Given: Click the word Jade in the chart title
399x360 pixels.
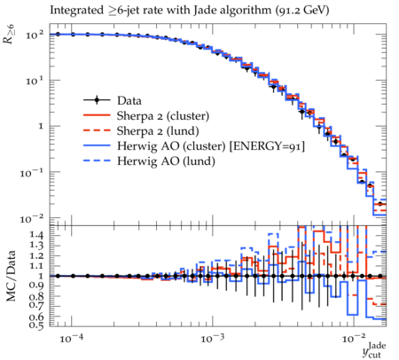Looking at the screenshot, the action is click(203, 11).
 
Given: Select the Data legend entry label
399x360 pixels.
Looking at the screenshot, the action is click(129, 101).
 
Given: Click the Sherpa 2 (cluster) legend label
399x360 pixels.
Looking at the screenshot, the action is click(163, 116).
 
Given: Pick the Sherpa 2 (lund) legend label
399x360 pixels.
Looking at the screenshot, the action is click(158, 131).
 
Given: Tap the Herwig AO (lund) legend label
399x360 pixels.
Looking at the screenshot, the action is click(166, 161).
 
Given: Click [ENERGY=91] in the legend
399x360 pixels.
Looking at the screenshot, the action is click(267, 146).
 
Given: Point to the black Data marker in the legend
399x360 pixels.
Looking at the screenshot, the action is click(97, 100).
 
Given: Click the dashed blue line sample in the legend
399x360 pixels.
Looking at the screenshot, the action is click(97, 160).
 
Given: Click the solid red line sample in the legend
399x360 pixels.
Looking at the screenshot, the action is click(97, 115).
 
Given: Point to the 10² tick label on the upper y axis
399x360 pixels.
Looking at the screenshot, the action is click(35, 35).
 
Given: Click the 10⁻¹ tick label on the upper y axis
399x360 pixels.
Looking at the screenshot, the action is click(32, 172).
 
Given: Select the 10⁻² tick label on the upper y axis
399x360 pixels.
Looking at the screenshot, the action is click(32, 219).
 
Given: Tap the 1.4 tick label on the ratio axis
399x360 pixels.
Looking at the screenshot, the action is click(36, 235).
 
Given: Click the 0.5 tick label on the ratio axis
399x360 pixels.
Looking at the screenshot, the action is click(36, 325).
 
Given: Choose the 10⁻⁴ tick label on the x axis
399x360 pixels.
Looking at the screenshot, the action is click(70, 339).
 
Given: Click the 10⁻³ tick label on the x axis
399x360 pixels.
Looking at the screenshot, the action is click(211, 339).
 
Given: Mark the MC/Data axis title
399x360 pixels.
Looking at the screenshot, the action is click(12, 276).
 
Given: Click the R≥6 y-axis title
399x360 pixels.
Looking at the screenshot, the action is click(9, 35).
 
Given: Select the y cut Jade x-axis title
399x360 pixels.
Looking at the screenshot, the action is click(374, 350).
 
